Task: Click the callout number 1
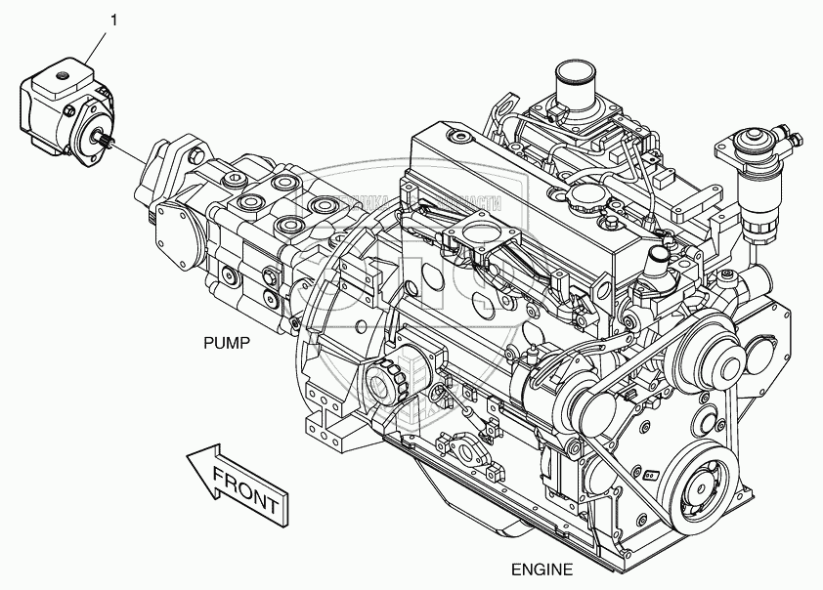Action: [115, 19]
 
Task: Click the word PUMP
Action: [227, 343]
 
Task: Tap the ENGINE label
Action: [542, 569]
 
